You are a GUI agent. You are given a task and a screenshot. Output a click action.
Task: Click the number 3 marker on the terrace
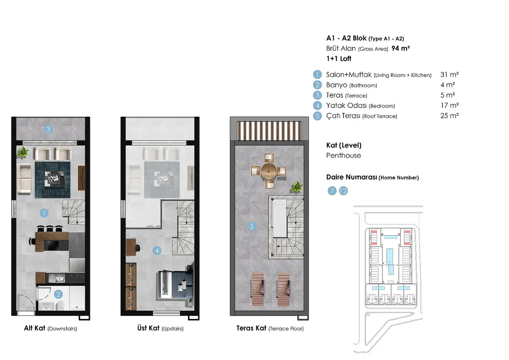point(49,129)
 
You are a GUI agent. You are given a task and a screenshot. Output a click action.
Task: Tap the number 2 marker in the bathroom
point(58,294)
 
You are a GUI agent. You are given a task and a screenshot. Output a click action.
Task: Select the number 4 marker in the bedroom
point(157,251)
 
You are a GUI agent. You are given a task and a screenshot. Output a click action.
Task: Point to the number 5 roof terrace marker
point(252,226)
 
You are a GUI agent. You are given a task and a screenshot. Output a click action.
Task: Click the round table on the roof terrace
point(269,171)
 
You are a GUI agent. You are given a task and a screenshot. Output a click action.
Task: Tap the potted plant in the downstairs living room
point(23,152)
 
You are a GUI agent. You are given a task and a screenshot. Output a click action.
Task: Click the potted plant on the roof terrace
point(297,187)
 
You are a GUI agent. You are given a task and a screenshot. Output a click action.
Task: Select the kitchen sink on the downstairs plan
point(57,278)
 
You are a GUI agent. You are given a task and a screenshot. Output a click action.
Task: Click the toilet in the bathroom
point(60,306)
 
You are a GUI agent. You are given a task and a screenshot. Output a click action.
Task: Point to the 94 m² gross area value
point(401,49)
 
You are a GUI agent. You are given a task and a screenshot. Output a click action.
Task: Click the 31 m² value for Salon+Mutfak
point(450,75)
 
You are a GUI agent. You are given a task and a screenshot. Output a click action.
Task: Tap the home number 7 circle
point(332,191)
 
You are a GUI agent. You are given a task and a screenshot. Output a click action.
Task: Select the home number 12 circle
point(343,191)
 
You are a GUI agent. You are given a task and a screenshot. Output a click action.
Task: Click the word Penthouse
point(344,156)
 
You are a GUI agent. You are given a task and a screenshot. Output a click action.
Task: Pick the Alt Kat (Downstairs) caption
point(51,328)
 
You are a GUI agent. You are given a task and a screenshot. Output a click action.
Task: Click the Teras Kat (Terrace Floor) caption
point(270,328)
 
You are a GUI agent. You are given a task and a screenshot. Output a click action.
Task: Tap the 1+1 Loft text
point(339,59)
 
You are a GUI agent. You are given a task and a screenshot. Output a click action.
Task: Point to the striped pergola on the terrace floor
point(269,130)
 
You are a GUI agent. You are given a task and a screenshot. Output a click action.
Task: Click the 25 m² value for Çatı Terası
point(450,116)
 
